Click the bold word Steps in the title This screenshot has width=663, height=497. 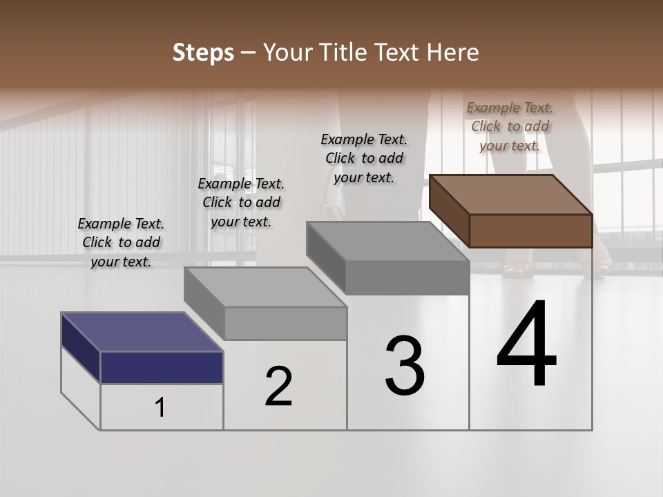click(203, 52)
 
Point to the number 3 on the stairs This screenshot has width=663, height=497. click(405, 365)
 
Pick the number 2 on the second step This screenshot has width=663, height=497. click(278, 387)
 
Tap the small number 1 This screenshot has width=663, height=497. click(160, 408)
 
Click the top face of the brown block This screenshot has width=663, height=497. click(511, 194)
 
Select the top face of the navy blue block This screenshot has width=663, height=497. click(142, 332)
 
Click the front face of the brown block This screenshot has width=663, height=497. click(530, 231)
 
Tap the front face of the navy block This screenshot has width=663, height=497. click(162, 367)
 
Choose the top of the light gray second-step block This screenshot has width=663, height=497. click(265, 286)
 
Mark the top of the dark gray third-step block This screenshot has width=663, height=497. click(387, 241)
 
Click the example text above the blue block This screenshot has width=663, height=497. click(121, 242)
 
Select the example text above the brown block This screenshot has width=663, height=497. click(510, 126)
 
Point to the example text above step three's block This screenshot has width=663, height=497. click(364, 158)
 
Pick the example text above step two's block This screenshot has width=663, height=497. click(241, 202)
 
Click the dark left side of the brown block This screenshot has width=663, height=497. click(449, 210)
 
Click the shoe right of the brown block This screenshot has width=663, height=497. click(602, 263)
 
